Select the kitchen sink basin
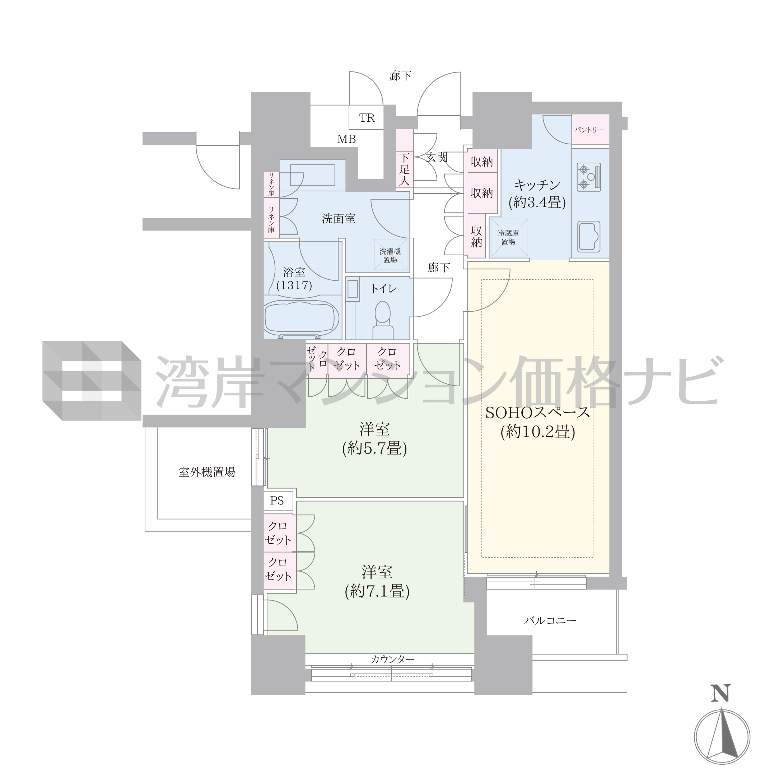click(x=589, y=237)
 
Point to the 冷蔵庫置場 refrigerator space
click(x=509, y=238)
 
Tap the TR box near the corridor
click(x=366, y=117)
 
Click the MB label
click(x=346, y=139)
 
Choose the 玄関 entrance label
click(x=437, y=158)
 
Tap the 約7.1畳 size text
click(x=377, y=592)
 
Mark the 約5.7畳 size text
click(x=374, y=449)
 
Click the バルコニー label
click(x=550, y=620)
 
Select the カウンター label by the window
click(x=392, y=660)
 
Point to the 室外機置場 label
click(x=207, y=472)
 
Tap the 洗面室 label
click(x=339, y=219)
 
